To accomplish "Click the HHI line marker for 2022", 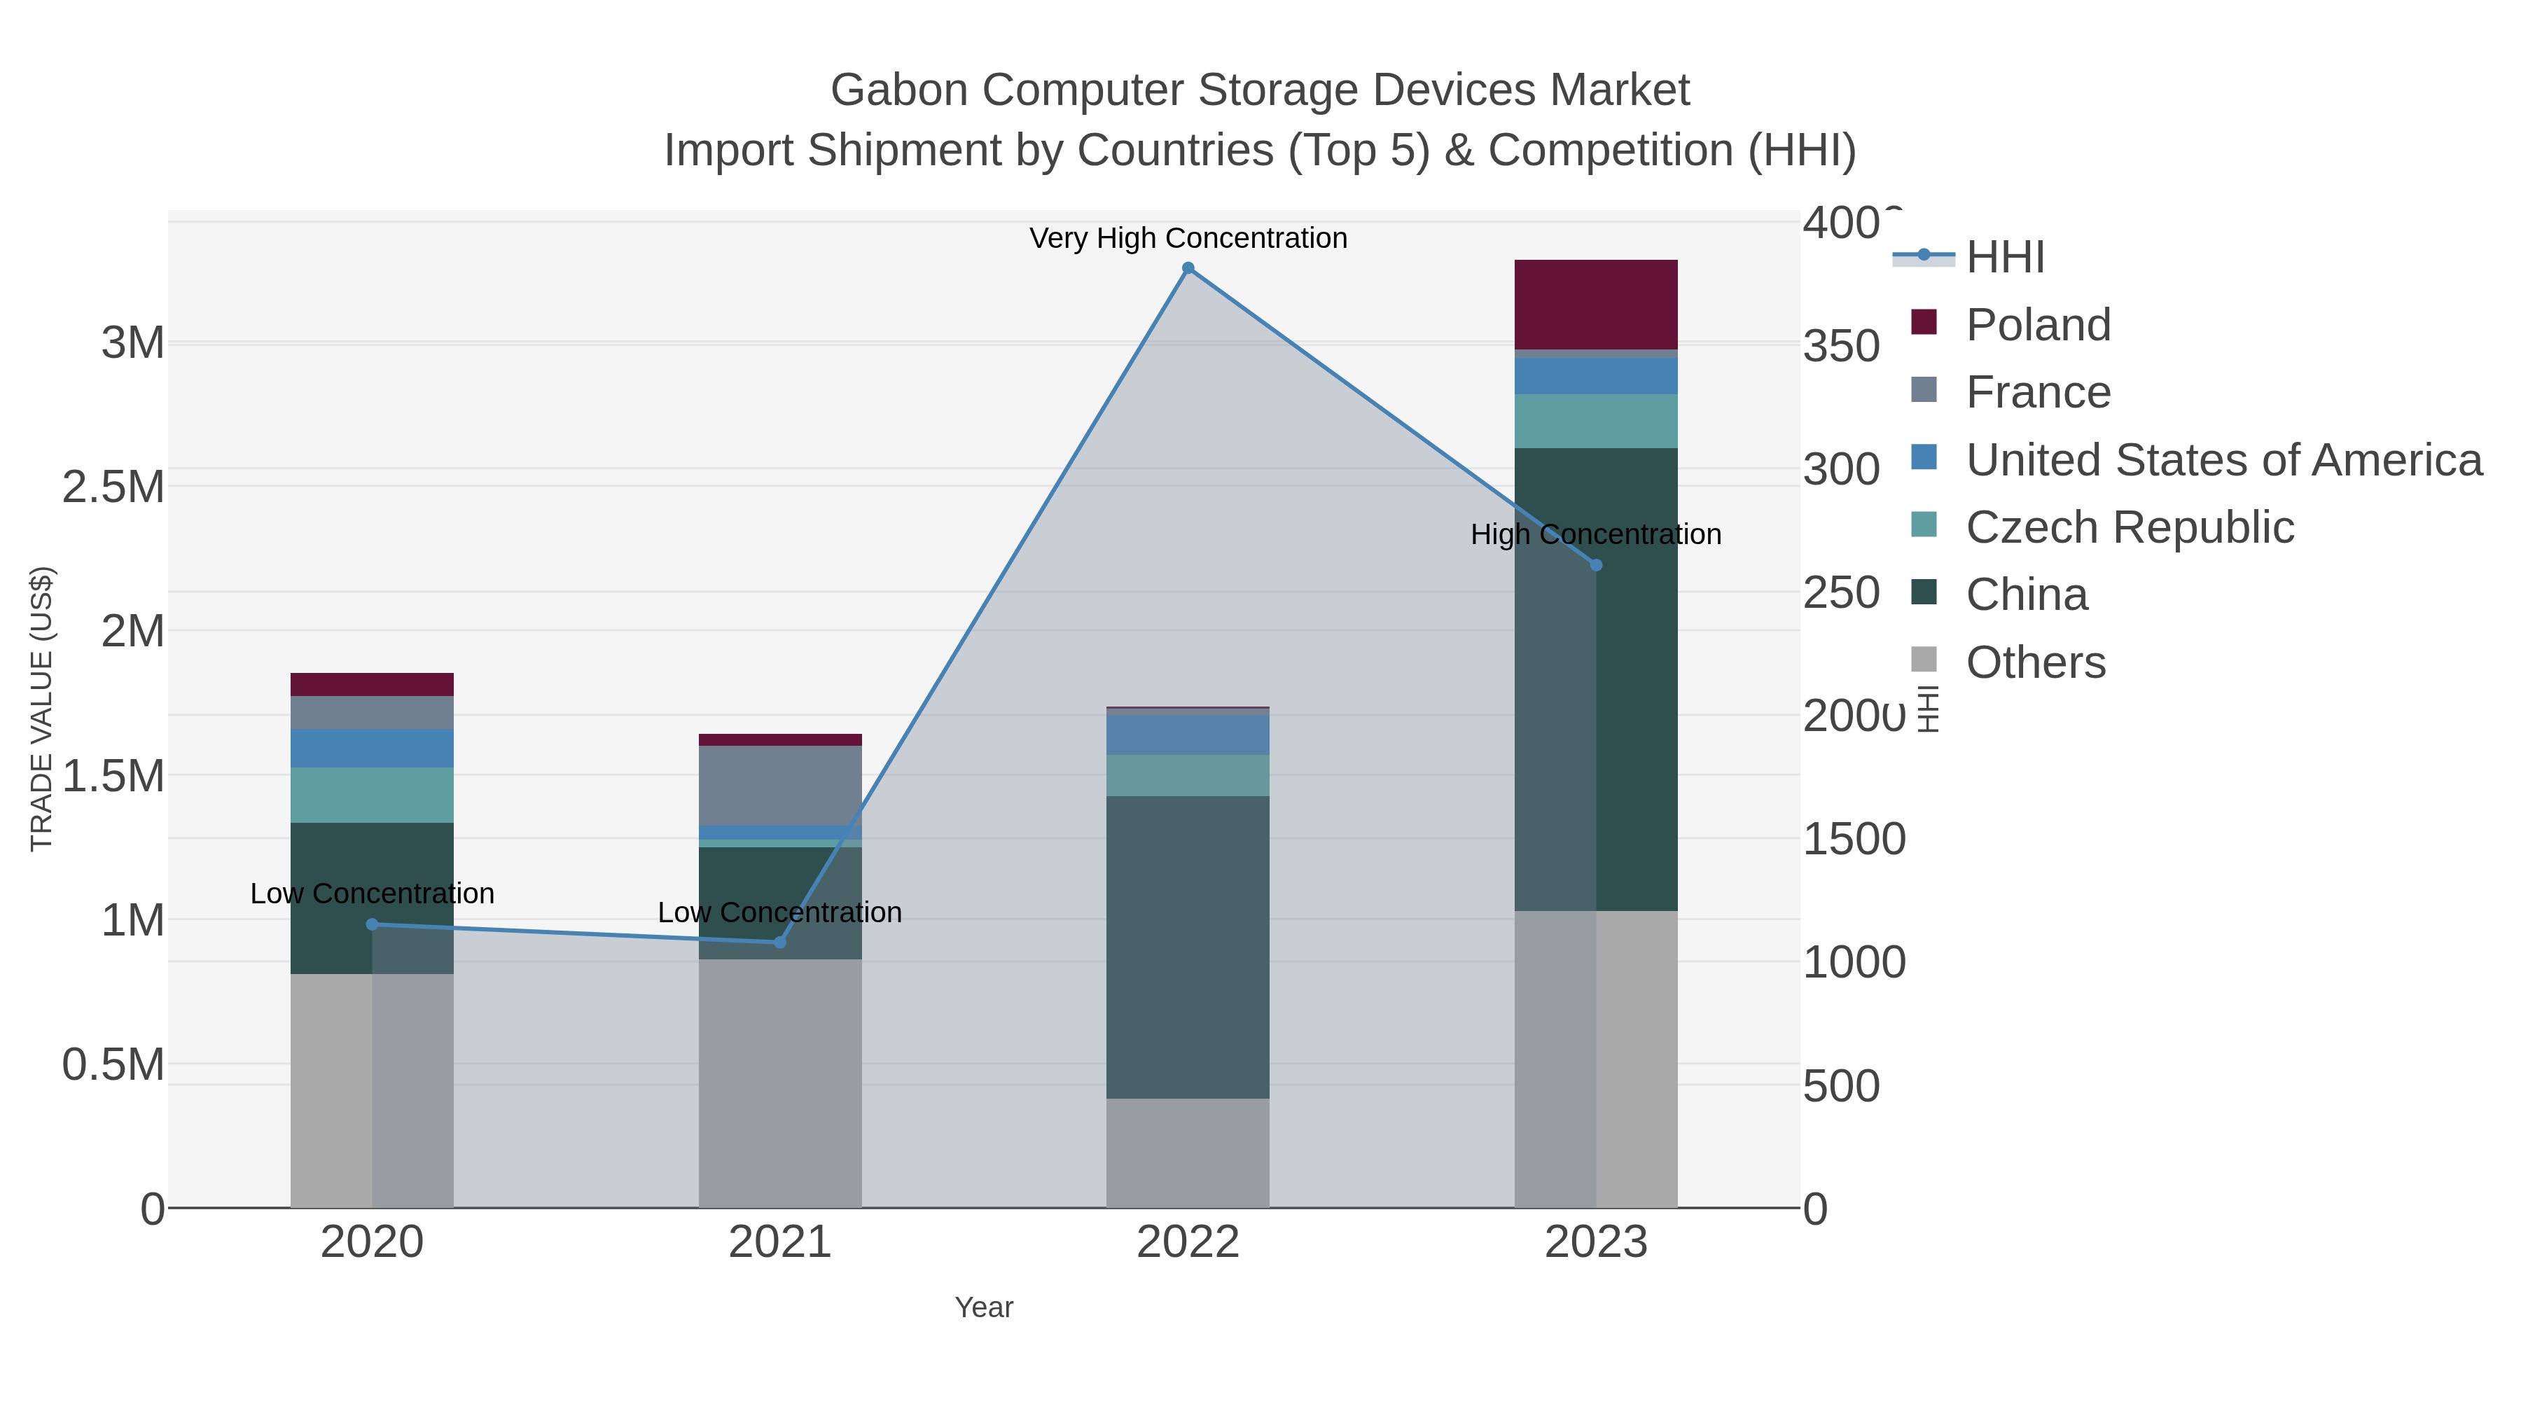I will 1188,268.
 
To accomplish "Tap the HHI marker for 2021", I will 780,943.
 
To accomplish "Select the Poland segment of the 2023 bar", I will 1596,305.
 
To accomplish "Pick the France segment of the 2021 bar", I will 780,786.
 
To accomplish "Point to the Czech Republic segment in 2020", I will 372,795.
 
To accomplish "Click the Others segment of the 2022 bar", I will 1188,1152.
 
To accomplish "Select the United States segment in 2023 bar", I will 1596,376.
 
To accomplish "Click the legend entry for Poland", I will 2038,325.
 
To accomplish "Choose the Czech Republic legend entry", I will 2129,527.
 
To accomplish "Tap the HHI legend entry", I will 2004,258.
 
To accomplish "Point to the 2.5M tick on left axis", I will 113,487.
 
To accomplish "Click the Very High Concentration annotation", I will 1188,239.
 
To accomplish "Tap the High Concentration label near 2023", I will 1596,535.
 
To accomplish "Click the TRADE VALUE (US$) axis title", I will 41,709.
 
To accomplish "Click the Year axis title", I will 984,1307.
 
